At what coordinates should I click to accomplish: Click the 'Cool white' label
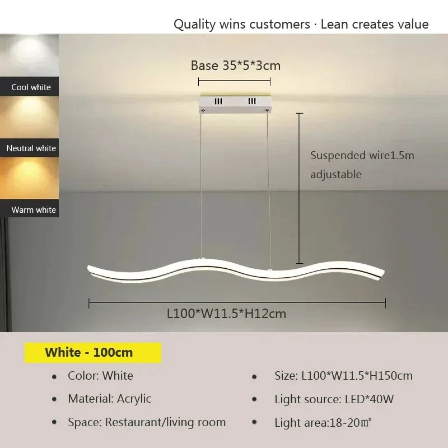[x=31, y=87]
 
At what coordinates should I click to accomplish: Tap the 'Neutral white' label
[x=31, y=148]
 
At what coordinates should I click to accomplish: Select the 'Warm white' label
[x=34, y=210]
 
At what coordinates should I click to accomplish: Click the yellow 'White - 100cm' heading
[x=90, y=352]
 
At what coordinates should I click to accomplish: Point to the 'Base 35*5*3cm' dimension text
[x=235, y=66]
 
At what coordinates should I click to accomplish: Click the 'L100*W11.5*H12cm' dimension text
[x=226, y=314]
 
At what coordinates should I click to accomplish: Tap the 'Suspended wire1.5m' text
[x=362, y=155]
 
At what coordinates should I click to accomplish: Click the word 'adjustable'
[x=336, y=174]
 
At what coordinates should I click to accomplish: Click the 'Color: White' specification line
[x=101, y=376]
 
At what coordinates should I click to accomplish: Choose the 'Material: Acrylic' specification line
[x=110, y=399]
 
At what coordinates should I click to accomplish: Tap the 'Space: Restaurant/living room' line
[x=147, y=422]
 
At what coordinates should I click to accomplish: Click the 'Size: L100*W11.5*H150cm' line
[x=343, y=376]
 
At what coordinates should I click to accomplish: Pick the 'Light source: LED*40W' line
[x=334, y=399]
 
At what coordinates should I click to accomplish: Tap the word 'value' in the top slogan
[x=413, y=24]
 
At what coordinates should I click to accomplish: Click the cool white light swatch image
[x=29, y=55]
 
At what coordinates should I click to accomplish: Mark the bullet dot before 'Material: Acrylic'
[x=54, y=399]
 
